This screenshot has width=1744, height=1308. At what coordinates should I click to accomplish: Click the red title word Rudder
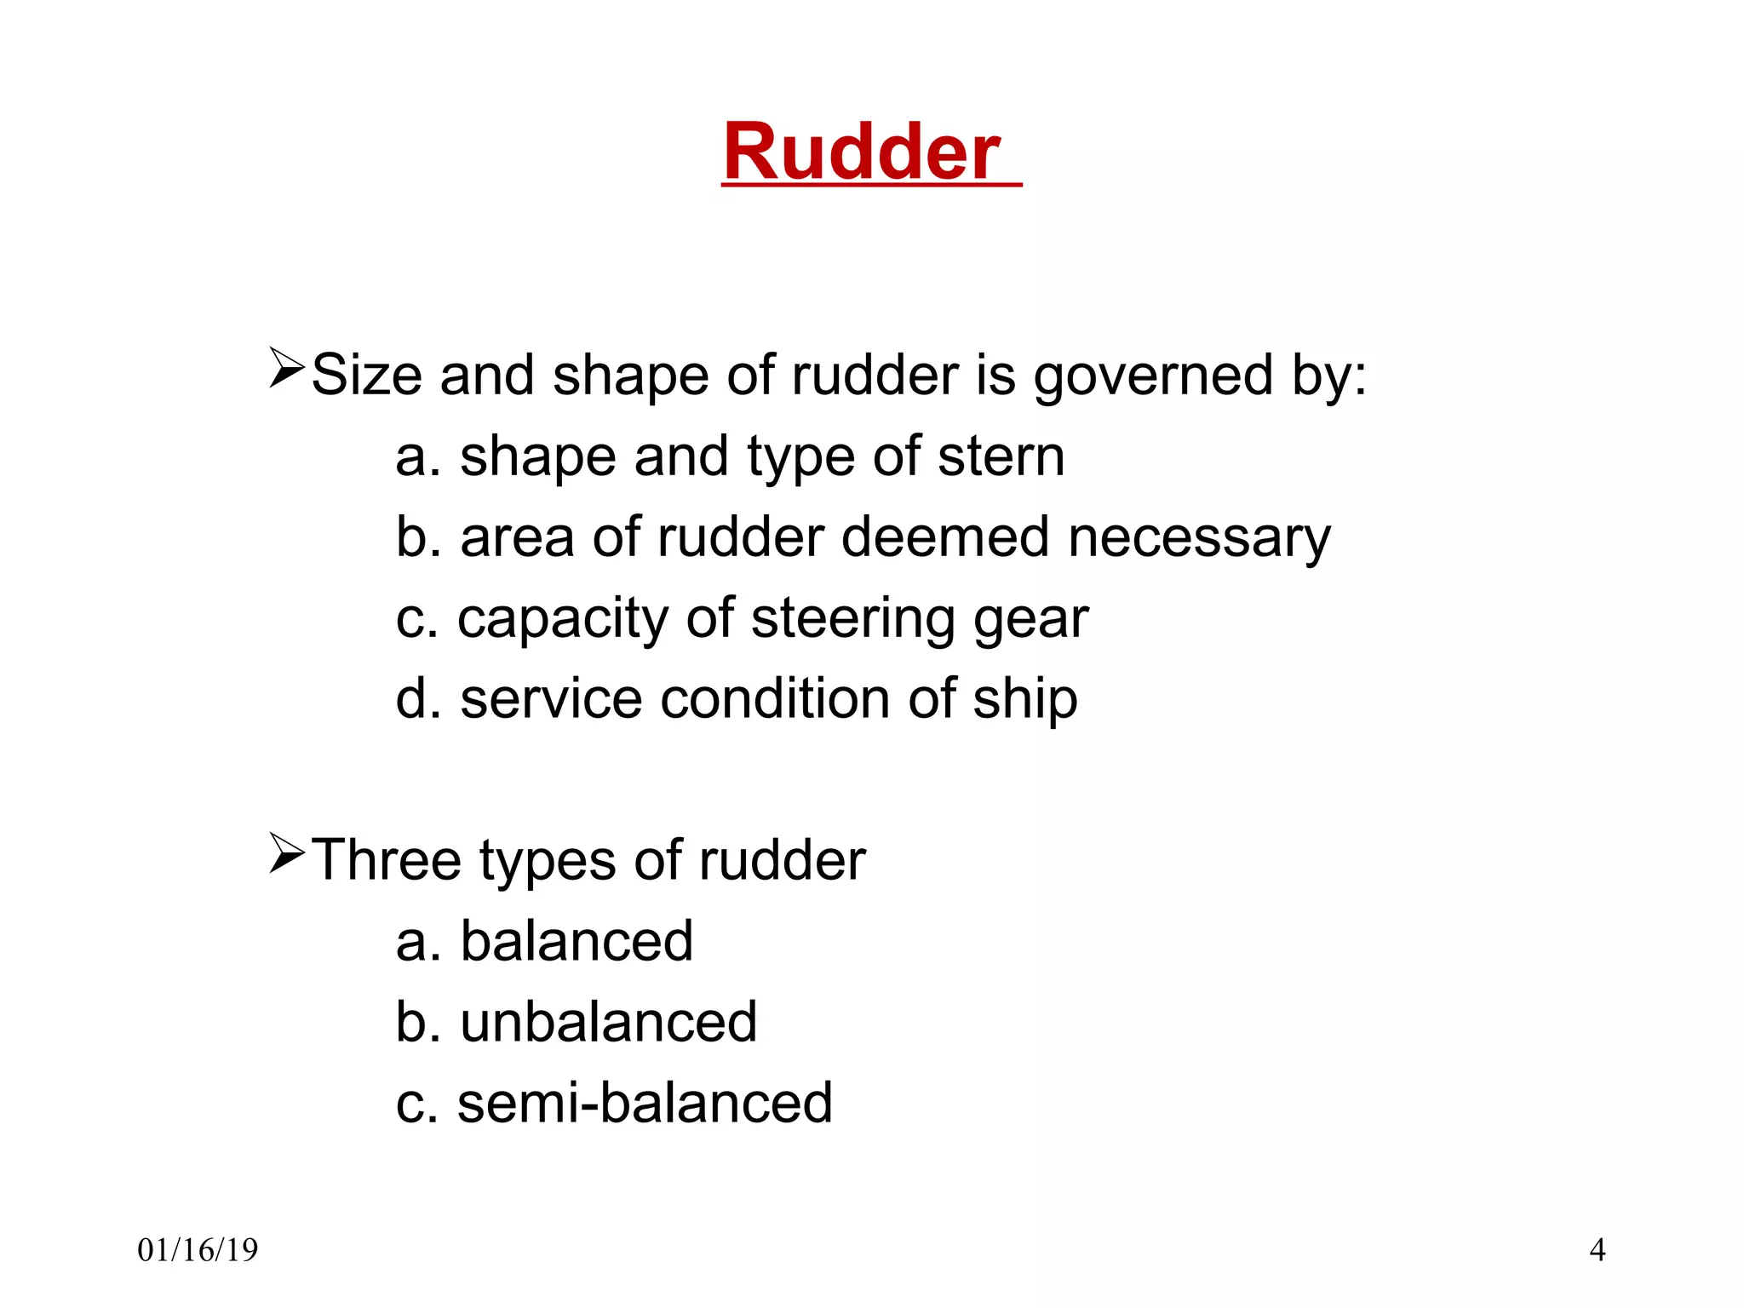(861, 152)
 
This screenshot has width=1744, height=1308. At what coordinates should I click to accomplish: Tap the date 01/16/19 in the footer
(198, 1250)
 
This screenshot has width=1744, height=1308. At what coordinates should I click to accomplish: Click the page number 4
(1598, 1250)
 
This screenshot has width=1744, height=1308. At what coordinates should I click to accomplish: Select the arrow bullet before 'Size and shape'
(287, 368)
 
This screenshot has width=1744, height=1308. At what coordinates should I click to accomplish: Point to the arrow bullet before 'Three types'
(287, 853)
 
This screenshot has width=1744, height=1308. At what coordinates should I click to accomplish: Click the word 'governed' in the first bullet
(1153, 376)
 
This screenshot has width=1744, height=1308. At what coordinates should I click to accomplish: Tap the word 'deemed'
(945, 537)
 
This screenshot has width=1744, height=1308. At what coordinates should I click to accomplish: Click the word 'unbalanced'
(608, 1022)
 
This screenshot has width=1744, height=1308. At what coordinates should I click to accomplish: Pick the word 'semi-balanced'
(645, 1103)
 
